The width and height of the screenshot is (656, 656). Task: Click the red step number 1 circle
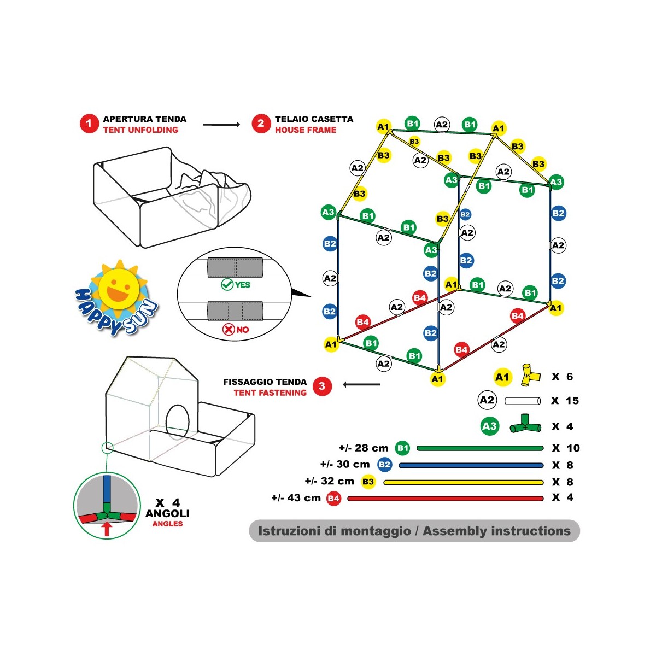tap(89, 124)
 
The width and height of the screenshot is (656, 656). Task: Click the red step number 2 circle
tap(261, 124)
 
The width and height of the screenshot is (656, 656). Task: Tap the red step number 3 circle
tap(321, 386)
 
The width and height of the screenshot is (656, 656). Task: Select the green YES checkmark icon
tap(227, 284)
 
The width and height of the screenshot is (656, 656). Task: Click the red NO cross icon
tap(229, 329)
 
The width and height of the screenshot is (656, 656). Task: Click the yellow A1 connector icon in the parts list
tap(530, 375)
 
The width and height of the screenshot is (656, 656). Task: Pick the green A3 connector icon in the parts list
tap(525, 424)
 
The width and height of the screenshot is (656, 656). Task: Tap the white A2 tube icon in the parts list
tap(523, 401)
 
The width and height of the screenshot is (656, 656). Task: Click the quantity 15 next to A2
tap(572, 401)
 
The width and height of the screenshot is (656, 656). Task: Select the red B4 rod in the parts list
tap(446, 499)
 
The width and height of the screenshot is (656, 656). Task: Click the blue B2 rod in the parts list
tap(471, 465)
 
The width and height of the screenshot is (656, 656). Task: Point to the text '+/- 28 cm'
tap(364, 448)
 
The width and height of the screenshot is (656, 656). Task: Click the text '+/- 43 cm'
tap(296, 498)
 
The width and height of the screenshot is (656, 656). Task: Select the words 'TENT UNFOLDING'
tap(140, 130)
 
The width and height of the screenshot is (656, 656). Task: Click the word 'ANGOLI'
tap(167, 513)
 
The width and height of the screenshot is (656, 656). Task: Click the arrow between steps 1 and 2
tap(221, 125)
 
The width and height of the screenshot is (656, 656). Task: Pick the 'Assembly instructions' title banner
tap(414, 531)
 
